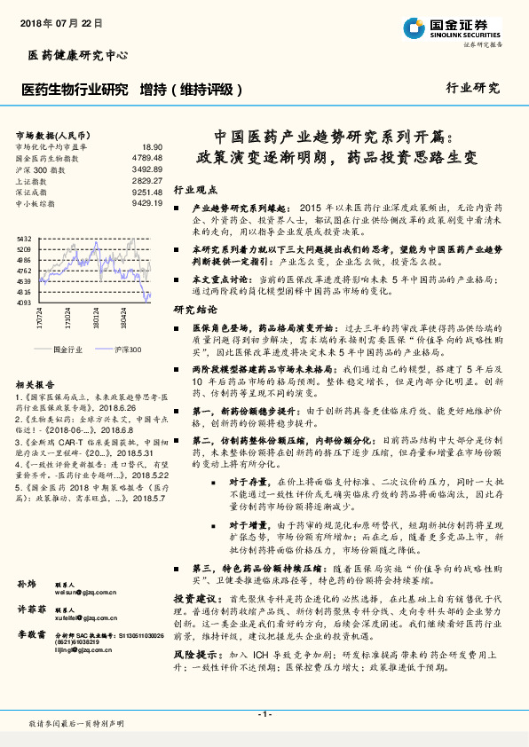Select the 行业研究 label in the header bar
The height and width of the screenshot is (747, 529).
[473, 89]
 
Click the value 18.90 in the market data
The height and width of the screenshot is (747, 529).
[152, 145]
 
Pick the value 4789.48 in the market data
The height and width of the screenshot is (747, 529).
[146, 157]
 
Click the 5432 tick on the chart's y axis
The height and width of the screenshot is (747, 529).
[24, 239]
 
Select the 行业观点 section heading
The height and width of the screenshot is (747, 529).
[194, 190]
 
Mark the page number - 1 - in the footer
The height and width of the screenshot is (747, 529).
[264, 714]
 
